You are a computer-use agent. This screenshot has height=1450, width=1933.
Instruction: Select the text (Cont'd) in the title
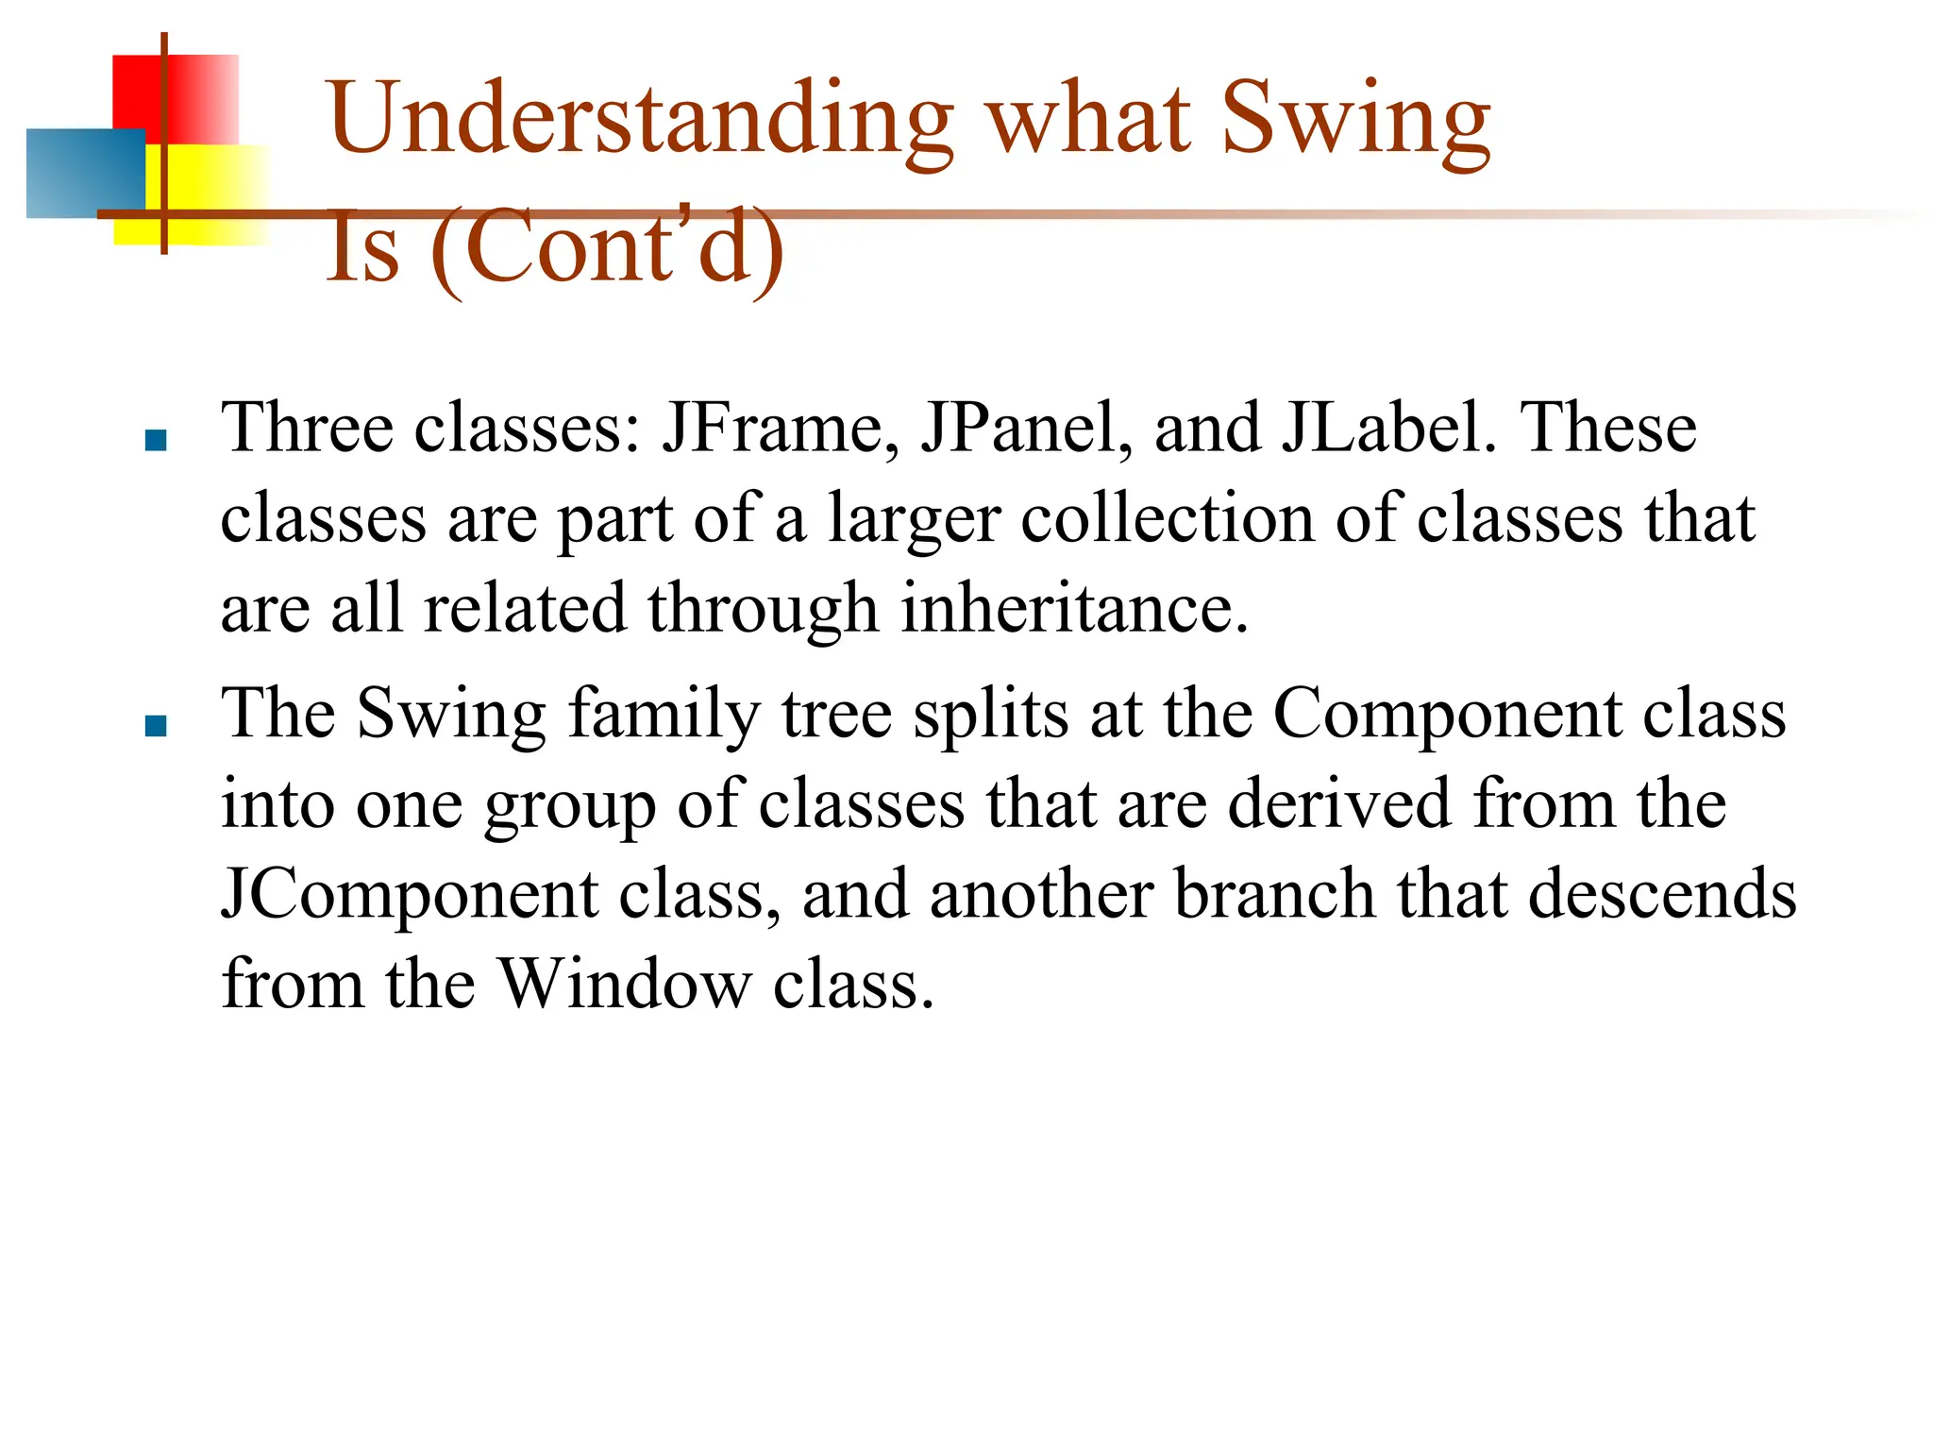606,247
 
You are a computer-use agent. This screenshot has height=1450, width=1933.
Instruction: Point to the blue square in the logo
85,173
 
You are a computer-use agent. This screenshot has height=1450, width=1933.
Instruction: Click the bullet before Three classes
156,440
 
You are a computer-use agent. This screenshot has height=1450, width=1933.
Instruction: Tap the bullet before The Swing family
156,725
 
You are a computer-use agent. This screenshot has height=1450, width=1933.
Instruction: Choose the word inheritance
1075,608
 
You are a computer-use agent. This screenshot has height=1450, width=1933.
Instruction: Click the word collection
1168,518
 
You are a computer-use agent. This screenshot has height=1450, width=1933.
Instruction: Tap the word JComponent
409,895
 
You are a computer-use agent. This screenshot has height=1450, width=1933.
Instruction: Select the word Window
624,985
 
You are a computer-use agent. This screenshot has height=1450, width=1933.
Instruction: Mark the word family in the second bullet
664,714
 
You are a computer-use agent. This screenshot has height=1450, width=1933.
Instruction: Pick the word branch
1274,894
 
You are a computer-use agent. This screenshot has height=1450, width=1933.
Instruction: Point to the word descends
1662,894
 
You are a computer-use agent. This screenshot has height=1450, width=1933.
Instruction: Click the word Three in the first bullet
307,428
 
